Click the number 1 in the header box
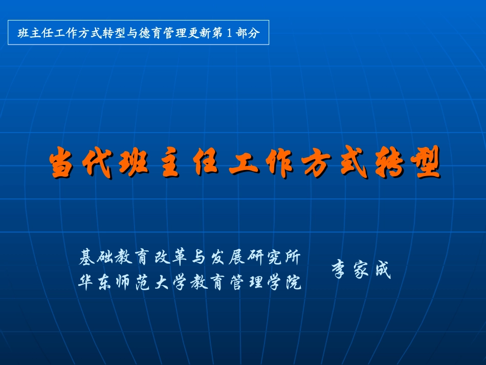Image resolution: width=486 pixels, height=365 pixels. tap(229, 33)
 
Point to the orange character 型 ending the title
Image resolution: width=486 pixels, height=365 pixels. tap(426, 162)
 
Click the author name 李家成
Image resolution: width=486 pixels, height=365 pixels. tap(361, 269)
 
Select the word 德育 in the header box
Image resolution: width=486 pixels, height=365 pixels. tap(150, 33)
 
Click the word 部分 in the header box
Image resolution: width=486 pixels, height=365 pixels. tap(247, 33)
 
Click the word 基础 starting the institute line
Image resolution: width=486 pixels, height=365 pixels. tap(96, 257)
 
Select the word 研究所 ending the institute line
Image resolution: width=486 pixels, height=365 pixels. tap(274, 257)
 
